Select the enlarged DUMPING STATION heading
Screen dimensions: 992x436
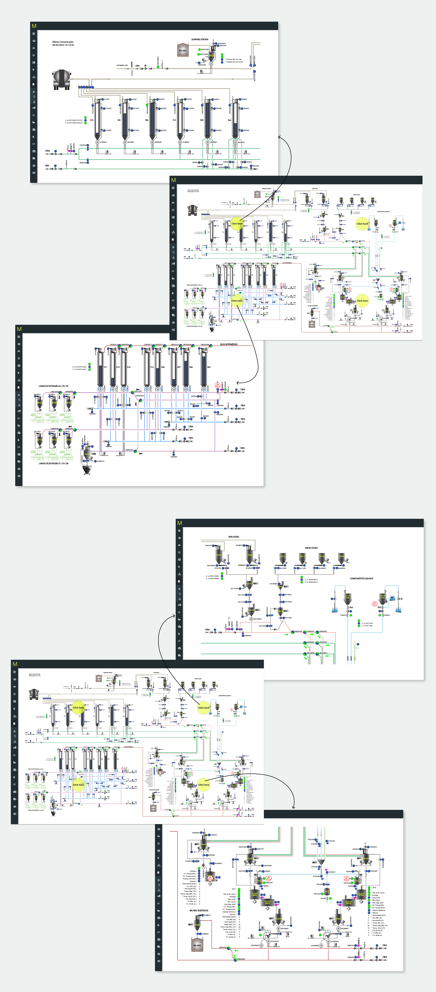[x=200, y=39]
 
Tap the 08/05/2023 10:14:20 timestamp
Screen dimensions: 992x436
[x=63, y=45]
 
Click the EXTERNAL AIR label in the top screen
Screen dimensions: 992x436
[x=122, y=65]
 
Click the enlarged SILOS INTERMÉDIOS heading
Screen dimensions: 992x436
[x=229, y=344]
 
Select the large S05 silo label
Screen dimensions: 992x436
[x=209, y=367]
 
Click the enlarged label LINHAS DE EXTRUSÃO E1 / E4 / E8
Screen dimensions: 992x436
[x=53, y=463]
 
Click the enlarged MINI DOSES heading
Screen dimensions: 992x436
[x=234, y=536]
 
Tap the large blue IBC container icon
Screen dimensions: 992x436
[x=392, y=598]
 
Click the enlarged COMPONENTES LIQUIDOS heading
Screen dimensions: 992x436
[x=361, y=578]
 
